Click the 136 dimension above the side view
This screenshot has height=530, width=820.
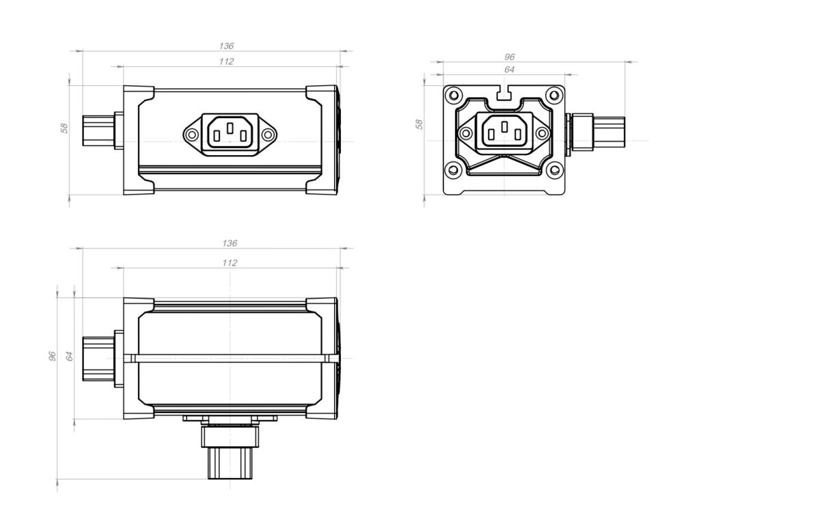(x=226, y=46)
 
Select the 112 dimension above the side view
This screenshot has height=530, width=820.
(x=226, y=61)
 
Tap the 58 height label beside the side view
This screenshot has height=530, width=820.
(x=64, y=128)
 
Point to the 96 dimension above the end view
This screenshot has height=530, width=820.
(x=509, y=57)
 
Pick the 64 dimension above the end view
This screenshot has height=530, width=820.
(x=509, y=70)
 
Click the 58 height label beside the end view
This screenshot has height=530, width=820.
(x=419, y=124)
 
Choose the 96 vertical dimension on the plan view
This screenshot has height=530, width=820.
(x=53, y=356)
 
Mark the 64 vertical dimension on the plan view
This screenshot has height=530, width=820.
(x=70, y=356)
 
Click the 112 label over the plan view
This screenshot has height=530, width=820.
(x=230, y=263)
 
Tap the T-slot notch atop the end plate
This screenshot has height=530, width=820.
(x=504, y=94)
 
